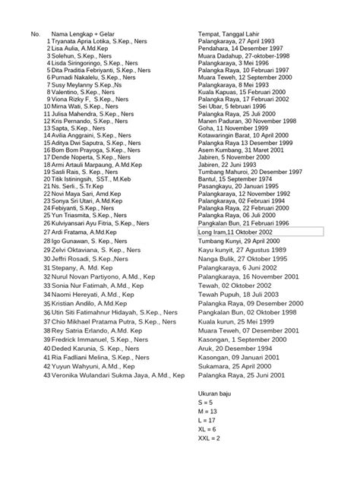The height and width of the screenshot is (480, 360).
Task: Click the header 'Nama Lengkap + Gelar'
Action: tap(86, 34)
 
